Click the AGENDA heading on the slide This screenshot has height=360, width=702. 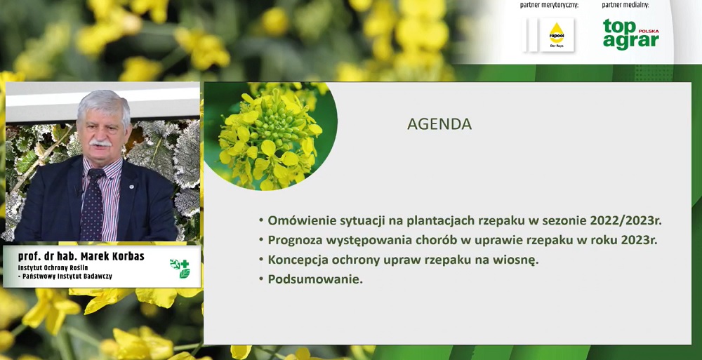point(439,124)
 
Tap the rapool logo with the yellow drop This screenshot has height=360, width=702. point(557,34)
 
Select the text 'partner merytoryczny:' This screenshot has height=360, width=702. point(549,6)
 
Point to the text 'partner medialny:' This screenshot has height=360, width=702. point(625,6)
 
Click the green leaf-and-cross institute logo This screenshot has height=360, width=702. point(180,268)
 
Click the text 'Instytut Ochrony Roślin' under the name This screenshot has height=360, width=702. point(53,268)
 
